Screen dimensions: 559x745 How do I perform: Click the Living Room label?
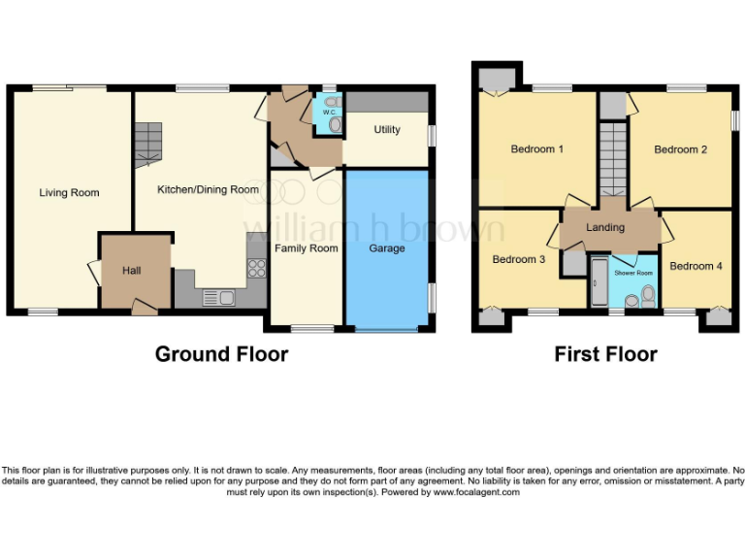69,193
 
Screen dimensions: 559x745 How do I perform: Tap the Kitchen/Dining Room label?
208,189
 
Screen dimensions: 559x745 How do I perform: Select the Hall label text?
131,270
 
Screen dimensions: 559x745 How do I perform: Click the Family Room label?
306,248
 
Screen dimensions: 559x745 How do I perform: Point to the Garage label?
386,248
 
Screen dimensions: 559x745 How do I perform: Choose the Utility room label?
386,130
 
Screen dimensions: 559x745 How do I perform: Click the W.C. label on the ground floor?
329,113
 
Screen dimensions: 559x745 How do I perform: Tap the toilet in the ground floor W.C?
335,124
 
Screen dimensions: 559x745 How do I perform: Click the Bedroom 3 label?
518,259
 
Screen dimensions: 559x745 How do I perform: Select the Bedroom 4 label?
696,266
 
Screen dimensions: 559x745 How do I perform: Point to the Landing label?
605,228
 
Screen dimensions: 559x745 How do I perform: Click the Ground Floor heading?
221,354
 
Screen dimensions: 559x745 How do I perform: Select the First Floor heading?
605,354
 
